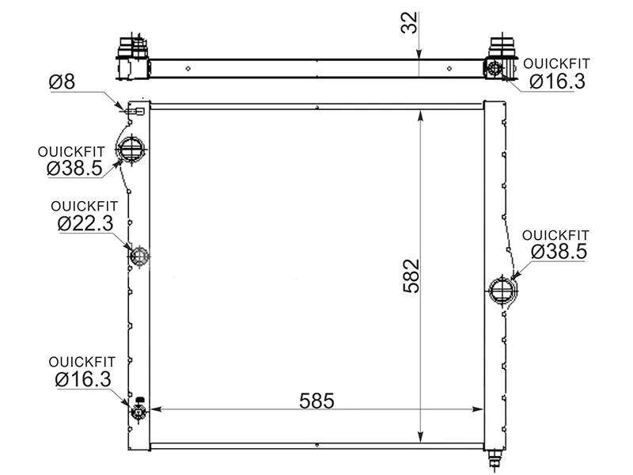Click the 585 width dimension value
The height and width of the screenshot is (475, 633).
[x=316, y=401]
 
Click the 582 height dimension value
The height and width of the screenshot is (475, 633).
[x=411, y=275]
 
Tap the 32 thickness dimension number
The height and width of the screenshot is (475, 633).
[x=409, y=23]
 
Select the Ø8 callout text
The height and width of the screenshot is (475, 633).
[x=62, y=82]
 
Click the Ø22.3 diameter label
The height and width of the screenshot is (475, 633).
[x=85, y=223]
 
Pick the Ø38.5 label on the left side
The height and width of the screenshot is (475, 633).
[x=74, y=168]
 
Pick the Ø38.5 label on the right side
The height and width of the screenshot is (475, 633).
[x=559, y=252]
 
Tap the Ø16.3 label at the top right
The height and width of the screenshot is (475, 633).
[x=557, y=82]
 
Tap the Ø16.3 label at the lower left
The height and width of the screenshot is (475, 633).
[x=83, y=379]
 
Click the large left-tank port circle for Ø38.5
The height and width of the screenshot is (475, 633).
[x=131, y=150]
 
